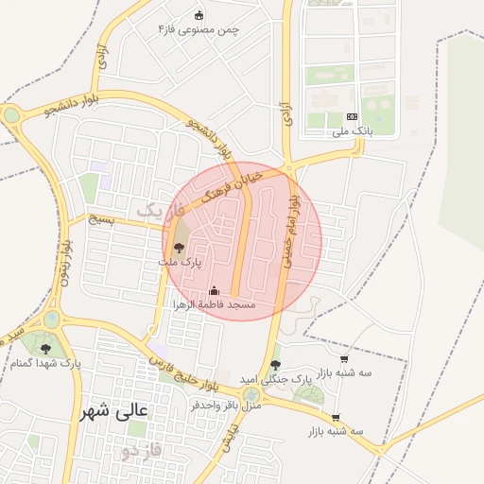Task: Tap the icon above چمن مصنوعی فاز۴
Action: click(x=199, y=14)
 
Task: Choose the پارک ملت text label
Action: click(x=181, y=262)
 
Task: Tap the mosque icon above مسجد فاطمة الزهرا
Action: click(x=213, y=290)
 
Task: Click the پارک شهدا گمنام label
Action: click(x=46, y=363)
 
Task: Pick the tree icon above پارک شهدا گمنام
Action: click(x=45, y=349)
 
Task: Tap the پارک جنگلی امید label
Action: click(x=277, y=378)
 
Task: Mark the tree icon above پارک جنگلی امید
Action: click(x=275, y=365)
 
